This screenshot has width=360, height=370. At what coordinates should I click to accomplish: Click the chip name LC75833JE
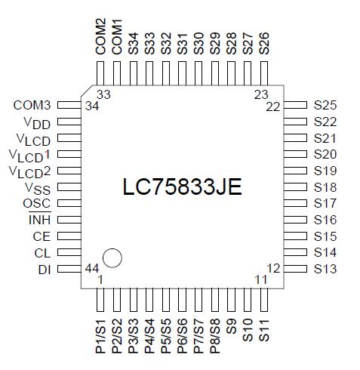point(182,187)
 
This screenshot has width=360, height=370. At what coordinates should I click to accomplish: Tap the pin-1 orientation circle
point(112,257)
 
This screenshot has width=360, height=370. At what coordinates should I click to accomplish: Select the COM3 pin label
point(32,105)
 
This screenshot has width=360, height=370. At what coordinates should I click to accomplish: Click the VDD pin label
point(38,122)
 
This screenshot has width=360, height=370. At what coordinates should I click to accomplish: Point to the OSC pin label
point(37,204)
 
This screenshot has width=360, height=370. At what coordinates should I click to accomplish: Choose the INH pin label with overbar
point(39,220)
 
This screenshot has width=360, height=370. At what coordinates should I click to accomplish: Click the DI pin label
point(44,269)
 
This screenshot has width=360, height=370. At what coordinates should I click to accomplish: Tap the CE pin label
point(42,236)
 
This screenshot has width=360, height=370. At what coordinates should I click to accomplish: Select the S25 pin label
point(325,105)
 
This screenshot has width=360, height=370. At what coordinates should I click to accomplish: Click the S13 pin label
point(325,269)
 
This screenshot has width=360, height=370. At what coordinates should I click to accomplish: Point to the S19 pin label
point(325,171)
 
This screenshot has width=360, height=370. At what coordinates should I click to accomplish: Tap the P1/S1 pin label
point(100,338)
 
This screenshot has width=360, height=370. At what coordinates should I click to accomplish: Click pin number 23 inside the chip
point(261,94)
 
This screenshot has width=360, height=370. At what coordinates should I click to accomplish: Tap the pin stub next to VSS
point(69,187)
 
